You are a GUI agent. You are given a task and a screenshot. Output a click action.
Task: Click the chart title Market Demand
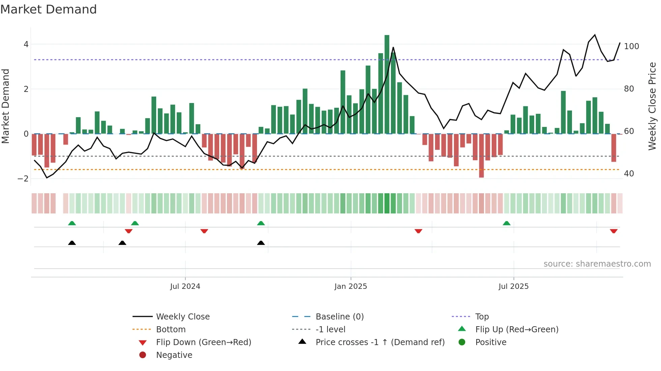[49, 9]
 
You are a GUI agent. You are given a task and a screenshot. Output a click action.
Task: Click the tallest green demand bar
[387, 84]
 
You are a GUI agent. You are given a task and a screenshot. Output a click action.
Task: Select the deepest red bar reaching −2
[481, 156]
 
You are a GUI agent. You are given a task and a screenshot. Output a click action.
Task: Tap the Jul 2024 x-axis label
[185, 286]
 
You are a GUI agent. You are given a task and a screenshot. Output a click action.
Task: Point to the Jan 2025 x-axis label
[351, 286]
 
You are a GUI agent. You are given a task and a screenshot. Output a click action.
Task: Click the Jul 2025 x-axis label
[514, 286]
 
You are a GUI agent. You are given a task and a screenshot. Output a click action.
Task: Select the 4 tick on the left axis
[26, 44]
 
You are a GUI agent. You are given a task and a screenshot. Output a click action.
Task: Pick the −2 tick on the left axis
[23, 179]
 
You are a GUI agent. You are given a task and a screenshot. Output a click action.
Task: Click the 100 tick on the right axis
[631, 46]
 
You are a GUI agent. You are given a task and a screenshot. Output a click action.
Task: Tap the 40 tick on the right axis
[629, 174]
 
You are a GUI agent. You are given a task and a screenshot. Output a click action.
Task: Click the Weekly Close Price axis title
[652, 106]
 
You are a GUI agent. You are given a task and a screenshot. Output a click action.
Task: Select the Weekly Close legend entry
[182, 317]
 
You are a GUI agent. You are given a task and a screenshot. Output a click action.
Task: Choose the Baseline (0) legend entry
[339, 317]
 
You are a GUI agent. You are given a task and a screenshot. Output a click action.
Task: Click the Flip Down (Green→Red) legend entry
[203, 342]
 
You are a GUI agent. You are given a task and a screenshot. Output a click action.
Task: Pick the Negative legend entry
[174, 355]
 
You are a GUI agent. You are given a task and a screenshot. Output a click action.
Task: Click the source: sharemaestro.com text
[597, 264]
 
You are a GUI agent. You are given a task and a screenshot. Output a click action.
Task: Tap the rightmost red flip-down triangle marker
[613, 231]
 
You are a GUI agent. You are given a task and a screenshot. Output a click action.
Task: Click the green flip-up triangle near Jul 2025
[507, 223]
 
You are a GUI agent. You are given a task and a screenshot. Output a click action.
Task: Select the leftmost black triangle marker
[72, 243]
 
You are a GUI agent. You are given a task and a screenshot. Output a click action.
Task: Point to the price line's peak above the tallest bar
[393, 47]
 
